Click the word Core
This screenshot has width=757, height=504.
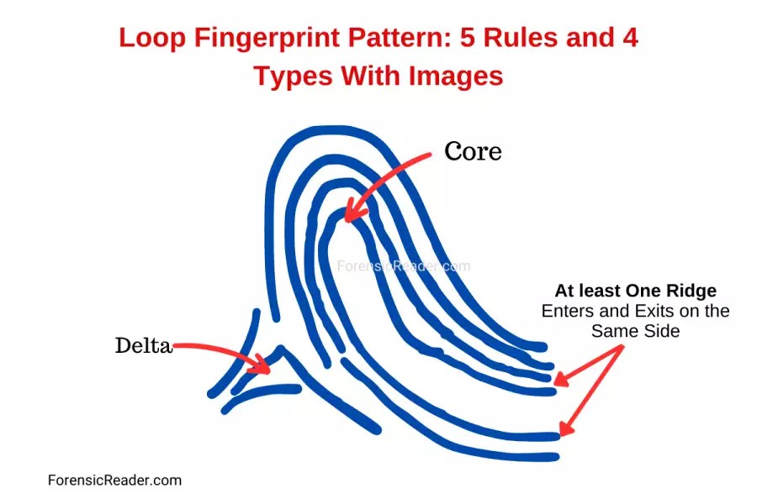coord(473,151)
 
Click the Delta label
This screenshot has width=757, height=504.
coord(143,345)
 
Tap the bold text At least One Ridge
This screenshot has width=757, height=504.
coord(635,291)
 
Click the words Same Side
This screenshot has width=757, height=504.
coord(635,331)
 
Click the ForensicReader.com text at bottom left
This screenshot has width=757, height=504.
coord(114,480)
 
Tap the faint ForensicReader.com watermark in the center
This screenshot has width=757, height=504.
coord(404,266)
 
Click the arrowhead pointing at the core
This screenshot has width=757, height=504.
coord(350,216)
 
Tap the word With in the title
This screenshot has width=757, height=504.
coord(372,76)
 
